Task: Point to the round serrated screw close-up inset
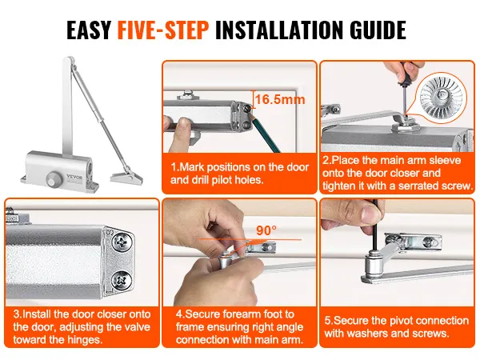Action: [443, 94]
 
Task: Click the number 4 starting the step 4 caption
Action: [178, 314]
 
